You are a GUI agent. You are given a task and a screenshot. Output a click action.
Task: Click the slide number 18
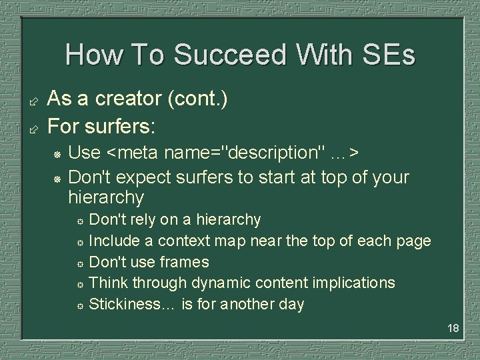(x=453, y=328)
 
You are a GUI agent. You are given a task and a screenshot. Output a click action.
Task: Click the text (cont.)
(x=198, y=99)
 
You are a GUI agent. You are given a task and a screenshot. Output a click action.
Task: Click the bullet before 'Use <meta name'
(x=57, y=154)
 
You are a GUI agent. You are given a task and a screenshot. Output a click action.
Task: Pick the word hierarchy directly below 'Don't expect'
(x=106, y=198)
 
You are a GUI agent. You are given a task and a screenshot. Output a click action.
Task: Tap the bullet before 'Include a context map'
(x=79, y=242)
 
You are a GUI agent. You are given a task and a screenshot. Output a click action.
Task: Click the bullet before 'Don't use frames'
(x=79, y=263)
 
